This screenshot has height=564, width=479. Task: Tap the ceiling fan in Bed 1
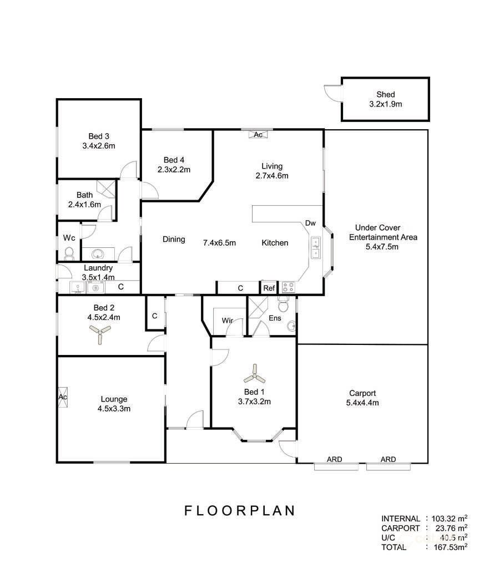(255, 375)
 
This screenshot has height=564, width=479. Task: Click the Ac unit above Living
(258, 134)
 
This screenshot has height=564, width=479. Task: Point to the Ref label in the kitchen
(269, 288)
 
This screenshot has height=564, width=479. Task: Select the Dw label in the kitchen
(310, 223)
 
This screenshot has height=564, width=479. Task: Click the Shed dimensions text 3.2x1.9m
(385, 104)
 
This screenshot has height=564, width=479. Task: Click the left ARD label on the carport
(334, 459)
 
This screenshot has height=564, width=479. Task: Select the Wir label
(227, 321)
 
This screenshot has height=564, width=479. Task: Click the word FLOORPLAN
(239, 510)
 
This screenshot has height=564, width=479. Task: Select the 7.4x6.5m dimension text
(220, 242)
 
